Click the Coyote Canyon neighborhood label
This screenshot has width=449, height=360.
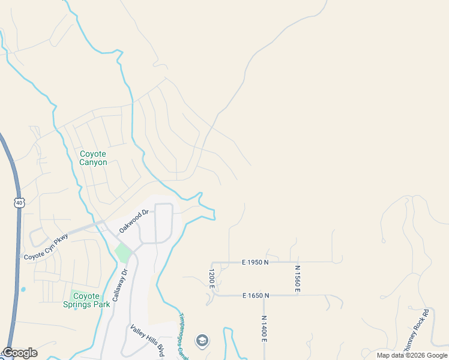point(94,158)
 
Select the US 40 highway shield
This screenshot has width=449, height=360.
point(20,203)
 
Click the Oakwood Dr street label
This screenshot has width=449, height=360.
point(133,221)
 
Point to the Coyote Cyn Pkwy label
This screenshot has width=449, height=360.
point(46,247)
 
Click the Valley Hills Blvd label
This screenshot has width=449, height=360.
point(148,340)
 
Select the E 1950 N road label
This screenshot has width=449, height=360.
point(247,262)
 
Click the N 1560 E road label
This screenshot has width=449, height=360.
point(297,279)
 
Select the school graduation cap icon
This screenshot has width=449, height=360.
point(202,341)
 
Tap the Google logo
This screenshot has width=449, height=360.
point(20,353)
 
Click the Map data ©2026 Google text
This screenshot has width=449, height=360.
point(411,355)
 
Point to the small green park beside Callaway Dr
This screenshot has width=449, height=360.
point(123,253)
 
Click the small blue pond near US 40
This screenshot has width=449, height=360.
point(23,289)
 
